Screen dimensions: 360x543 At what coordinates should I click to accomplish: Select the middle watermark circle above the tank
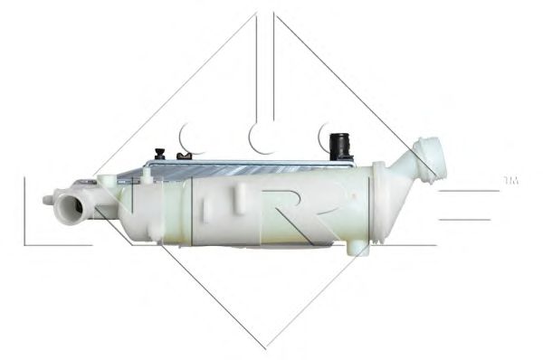point(262,137)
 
